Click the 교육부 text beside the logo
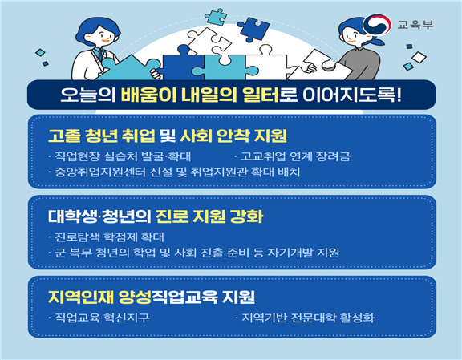click(x=415, y=25)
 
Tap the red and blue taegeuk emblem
click(x=376, y=25)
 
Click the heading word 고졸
click(x=64, y=136)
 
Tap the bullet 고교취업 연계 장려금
click(x=295, y=156)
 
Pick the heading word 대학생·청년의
click(x=99, y=216)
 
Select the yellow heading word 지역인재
click(x=81, y=297)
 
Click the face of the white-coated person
click(x=100, y=37)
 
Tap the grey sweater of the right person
click(x=359, y=63)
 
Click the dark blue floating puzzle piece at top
click(x=253, y=29)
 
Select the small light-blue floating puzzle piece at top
click(x=216, y=17)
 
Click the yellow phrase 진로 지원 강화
click(x=209, y=216)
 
